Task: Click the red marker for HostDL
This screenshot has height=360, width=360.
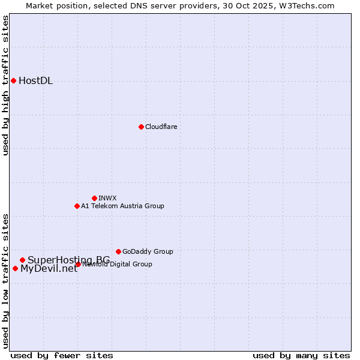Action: pyautogui.click(x=13, y=80)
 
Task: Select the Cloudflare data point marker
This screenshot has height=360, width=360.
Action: pyautogui.click(x=141, y=127)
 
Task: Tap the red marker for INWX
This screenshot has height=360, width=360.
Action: pyautogui.click(x=94, y=198)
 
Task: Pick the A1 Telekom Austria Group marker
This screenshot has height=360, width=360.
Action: pyautogui.click(x=77, y=206)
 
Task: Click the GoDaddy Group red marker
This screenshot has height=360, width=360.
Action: pyautogui.click(x=118, y=251)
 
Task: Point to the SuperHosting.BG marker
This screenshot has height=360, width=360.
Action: pyautogui.click(x=22, y=260)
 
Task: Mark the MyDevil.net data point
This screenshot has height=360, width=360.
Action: pyautogui.click(x=15, y=268)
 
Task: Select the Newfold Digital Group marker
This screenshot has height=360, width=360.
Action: pyautogui.click(x=78, y=264)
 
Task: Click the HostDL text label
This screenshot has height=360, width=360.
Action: pyautogui.click(x=35, y=81)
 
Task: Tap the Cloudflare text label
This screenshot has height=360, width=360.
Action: pyautogui.click(x=161, y=127)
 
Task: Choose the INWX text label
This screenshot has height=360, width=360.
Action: pyautogui.click(x=107, y=198)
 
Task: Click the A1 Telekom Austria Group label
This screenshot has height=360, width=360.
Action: pyautogui.click(x=122, y=206)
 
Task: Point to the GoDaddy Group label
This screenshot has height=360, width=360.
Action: pyautogui.click(x=148, y=251)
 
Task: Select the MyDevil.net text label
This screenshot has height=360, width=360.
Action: pyautogui.click(x=49, y=269)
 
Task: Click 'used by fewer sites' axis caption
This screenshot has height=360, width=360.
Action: pyautogui.click(x=62, y=355)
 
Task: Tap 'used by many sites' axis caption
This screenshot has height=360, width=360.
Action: pyautogui.click(x=301, y=355)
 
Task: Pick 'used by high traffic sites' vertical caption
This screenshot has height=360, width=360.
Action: pyautogui.click(x=6, y=85)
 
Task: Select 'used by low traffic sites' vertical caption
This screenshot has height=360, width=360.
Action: pyautogui.click(x=6, y=280)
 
